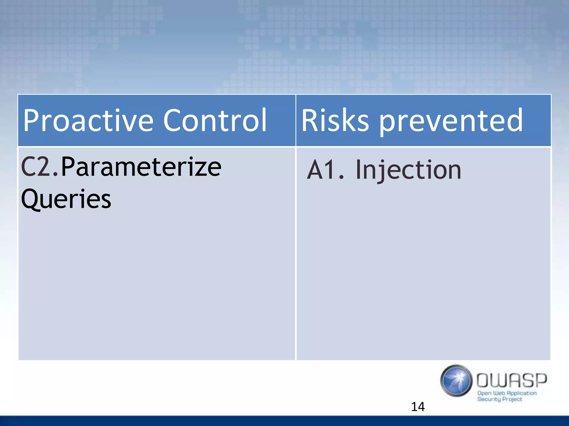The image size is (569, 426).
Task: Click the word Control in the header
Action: [215, 120]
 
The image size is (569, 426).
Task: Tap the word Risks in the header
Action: [335, 120]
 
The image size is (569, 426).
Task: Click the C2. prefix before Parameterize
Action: [40, 167]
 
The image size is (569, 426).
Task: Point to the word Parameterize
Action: [141, 167]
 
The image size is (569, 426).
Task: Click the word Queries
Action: [66, 199]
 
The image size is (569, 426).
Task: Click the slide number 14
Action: [418, 407]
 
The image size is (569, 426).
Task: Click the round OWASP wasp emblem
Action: [456, 381]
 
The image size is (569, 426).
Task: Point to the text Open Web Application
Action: [507, 393]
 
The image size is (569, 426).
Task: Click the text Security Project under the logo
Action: [500, 399]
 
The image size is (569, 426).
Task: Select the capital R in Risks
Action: [309, 120]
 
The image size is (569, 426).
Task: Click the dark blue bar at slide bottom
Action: [284, 421]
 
